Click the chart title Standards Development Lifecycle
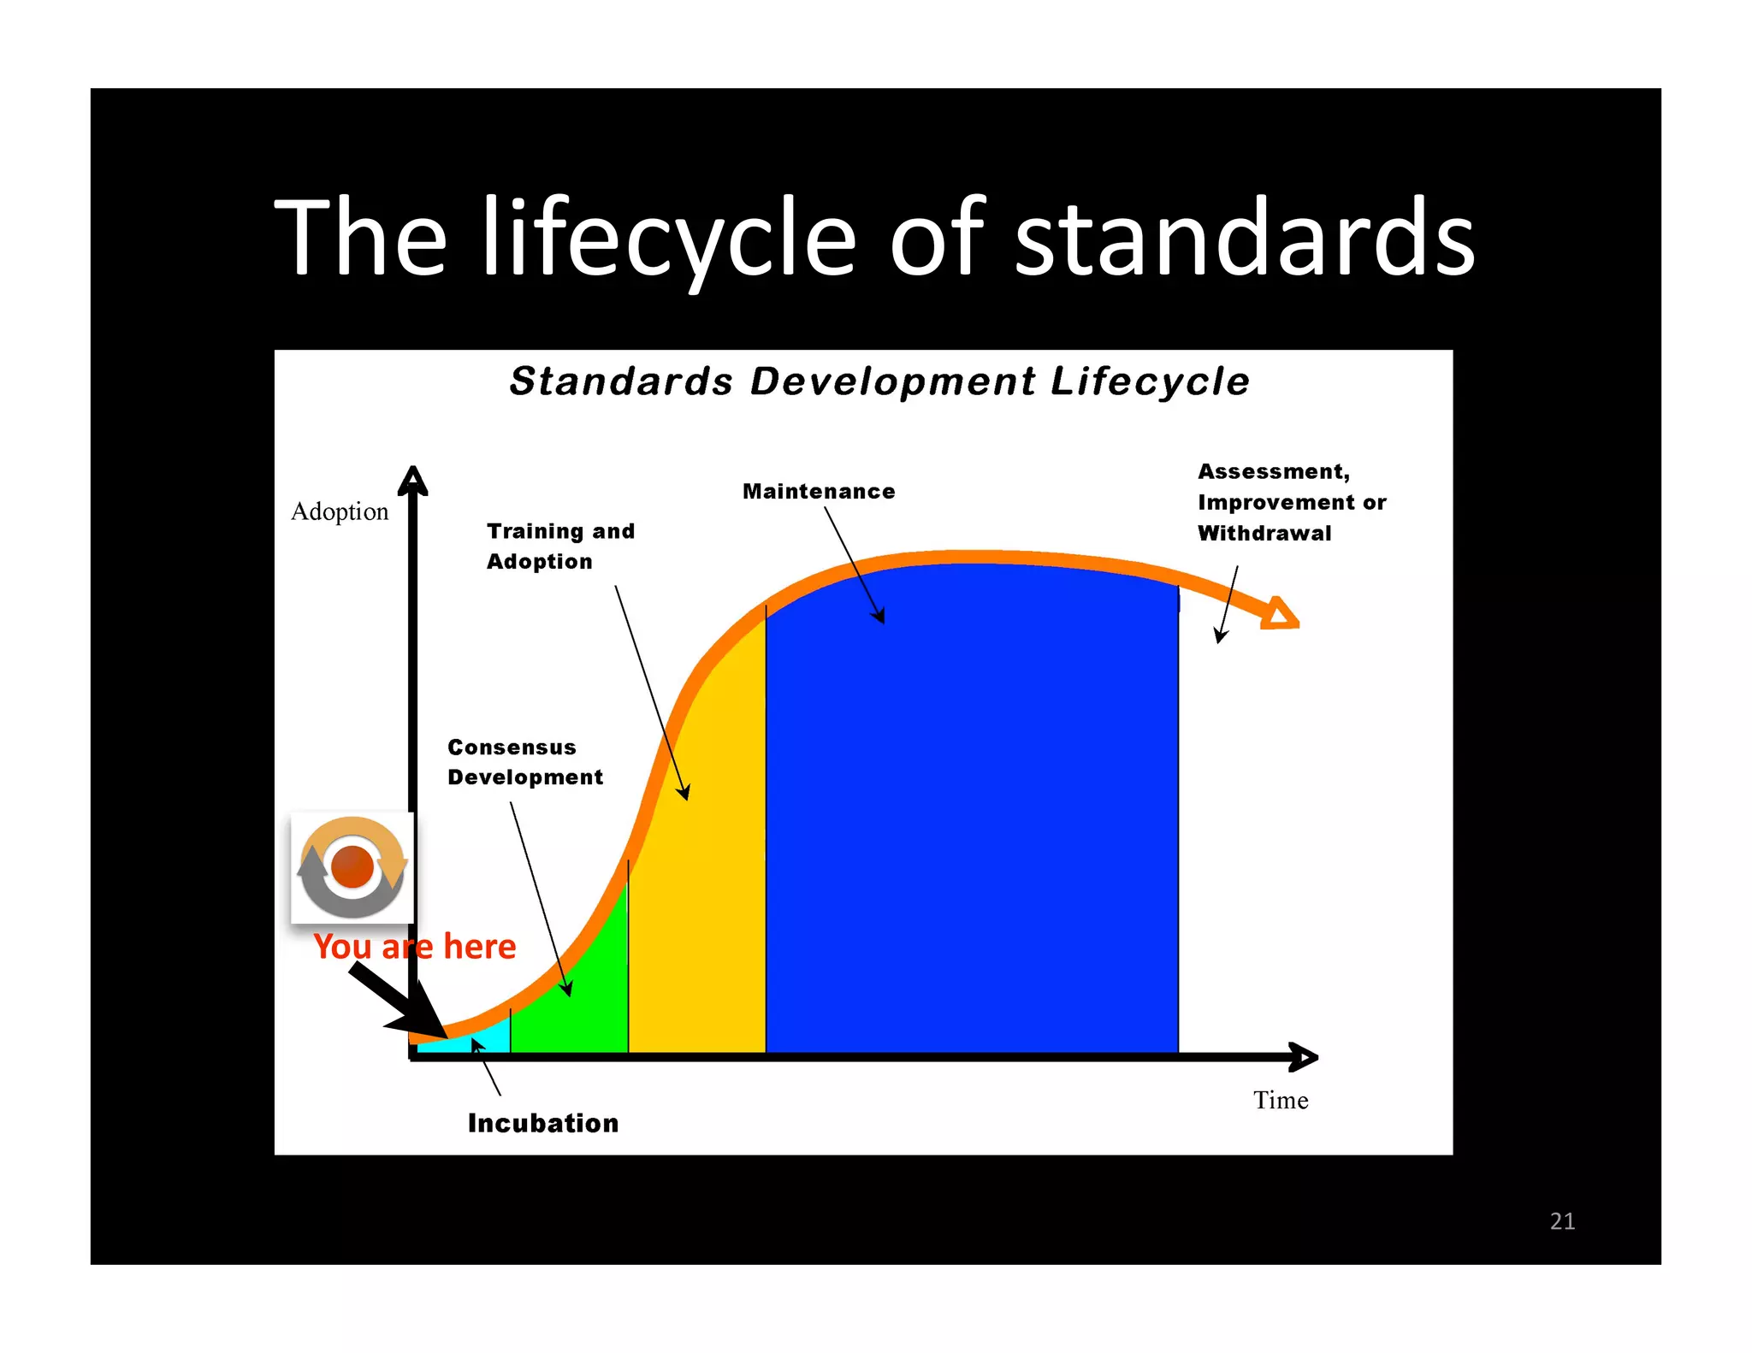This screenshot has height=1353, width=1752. pos(879,381)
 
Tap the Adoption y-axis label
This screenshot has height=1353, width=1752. pos(340,511)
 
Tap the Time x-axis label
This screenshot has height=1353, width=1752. pos(1280,1100)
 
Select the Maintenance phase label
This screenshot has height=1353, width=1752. pos(818,492)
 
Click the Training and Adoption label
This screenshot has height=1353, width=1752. pos(559,546)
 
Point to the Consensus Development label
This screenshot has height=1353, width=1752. pos(524,762)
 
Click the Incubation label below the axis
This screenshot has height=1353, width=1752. pos(542,1123)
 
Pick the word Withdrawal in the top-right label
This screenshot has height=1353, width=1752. pos(1264,534)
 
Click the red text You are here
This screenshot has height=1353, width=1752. pos(414,947)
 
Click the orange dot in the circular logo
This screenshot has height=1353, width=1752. pos(352,866)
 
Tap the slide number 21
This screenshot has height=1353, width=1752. pos(1561,1220)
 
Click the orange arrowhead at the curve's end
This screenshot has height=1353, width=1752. pos(1280,613)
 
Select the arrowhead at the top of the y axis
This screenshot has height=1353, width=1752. pos(413,481)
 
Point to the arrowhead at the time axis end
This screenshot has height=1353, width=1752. pos(1303,1058)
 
